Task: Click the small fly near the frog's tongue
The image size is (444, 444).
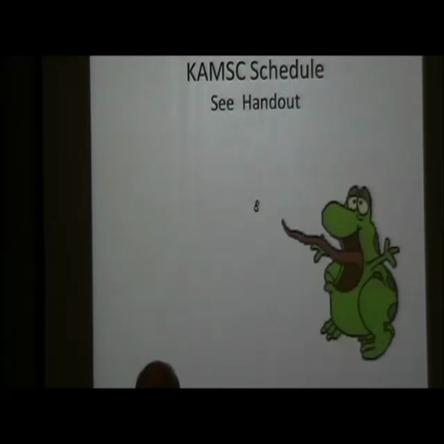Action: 256,207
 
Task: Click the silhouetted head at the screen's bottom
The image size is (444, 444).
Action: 156,376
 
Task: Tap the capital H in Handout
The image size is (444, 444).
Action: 246,102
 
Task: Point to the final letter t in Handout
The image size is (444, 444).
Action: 297,102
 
